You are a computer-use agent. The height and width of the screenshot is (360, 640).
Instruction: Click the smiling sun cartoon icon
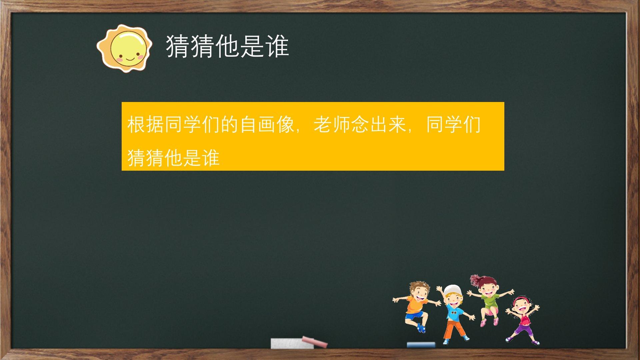(124, 48)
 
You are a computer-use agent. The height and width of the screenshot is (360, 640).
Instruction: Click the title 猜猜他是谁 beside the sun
(227, 46)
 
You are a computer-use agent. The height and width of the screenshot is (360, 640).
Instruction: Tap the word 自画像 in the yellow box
(267, 125)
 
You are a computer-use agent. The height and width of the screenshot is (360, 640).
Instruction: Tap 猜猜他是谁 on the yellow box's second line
(173, 158)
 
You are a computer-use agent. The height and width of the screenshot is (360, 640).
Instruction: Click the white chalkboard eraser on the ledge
(292, 343)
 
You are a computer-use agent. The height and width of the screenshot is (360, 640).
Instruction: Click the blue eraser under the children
(421, 345)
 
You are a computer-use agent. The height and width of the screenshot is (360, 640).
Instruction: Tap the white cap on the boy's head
(452, 290)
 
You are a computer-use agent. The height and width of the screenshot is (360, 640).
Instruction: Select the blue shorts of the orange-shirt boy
(414, 315)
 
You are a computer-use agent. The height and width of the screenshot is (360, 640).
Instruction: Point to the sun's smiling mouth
(130, 59)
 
